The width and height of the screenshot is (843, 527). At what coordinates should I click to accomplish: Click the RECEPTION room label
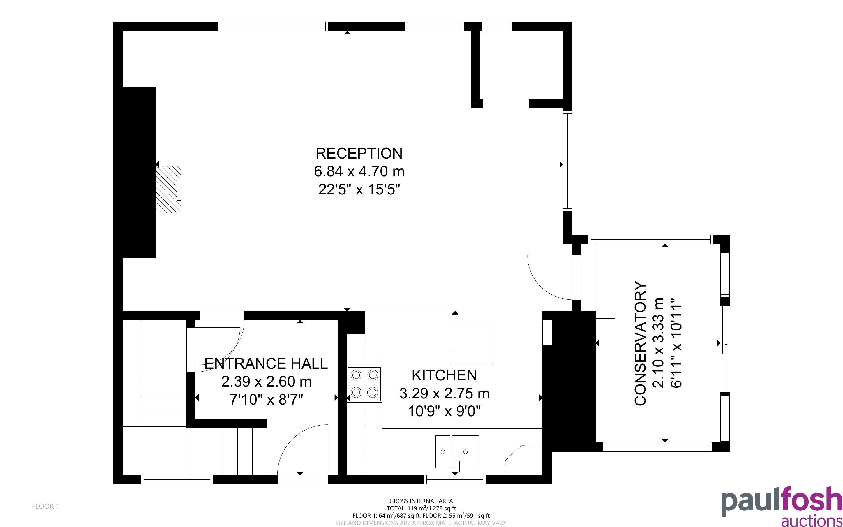coord(359,153)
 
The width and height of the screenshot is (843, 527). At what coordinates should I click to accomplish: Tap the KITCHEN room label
coord(444,375)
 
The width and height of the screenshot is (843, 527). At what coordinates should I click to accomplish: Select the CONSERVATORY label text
coord(640,343)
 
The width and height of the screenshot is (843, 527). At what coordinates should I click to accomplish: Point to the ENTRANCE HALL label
coord(266,363)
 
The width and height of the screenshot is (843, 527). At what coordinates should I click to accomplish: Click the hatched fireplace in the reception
coord(168,189)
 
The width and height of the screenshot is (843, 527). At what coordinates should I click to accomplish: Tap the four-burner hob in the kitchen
coord(364,384)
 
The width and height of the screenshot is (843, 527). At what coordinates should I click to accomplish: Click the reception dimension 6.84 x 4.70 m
coord(359,171)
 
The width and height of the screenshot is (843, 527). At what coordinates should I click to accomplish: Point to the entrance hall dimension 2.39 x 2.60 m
coord(266,382)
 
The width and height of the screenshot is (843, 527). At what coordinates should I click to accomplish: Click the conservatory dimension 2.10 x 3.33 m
coord(658,343)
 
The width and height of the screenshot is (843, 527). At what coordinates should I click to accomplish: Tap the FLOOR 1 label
coord(46,506)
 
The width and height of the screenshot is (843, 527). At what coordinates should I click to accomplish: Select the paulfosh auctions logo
coord(781,506)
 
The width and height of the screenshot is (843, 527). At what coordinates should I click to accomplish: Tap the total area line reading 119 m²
coord(421,508)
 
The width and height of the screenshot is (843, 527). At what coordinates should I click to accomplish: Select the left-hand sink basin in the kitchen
coord(443,452)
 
